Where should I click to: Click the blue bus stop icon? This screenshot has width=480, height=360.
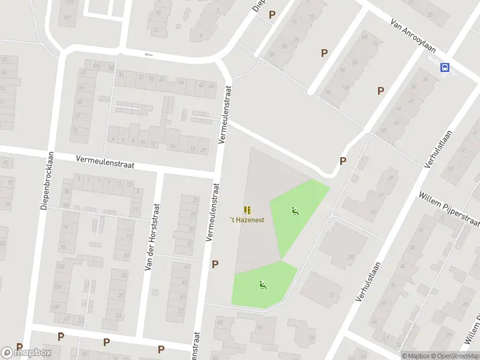tap(445, 68)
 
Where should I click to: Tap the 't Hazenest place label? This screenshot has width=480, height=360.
tap(247, 220)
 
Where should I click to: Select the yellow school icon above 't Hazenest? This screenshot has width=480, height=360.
tap(247, 209)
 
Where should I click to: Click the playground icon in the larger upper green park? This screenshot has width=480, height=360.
tap(294, 211)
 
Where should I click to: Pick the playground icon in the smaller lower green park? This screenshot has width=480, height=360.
tap(262, 285)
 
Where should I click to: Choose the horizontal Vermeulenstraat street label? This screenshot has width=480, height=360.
tap(105, 161)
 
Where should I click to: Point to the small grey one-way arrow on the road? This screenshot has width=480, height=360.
tap(149, 55)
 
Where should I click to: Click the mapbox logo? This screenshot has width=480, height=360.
tap(26, 352)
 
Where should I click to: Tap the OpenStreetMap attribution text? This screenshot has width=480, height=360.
tap(458, 356)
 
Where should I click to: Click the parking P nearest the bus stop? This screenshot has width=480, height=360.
tap(380, 91)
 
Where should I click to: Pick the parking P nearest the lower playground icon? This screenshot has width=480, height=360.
tap(215, 264)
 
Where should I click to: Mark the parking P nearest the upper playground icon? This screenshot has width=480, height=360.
tap(343, 161)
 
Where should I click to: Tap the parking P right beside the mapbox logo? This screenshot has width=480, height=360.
tap(19, 347)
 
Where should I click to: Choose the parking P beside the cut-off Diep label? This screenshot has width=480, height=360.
tap(272, 14)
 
